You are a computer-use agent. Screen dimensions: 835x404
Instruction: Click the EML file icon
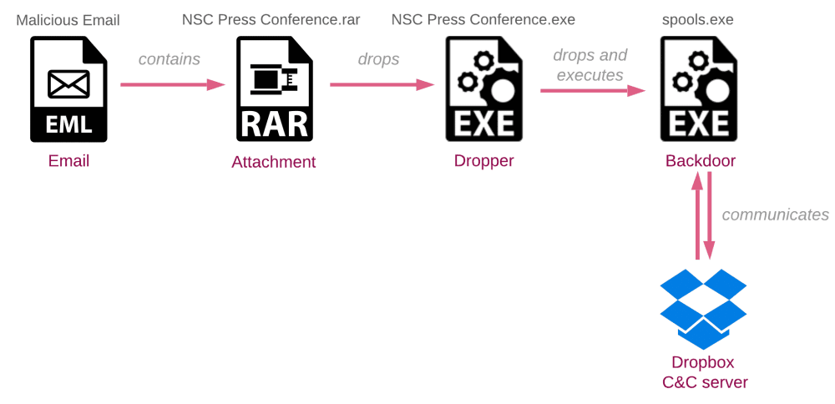(x=68, y=88)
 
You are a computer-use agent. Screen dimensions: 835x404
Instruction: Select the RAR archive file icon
(x=275, y=88)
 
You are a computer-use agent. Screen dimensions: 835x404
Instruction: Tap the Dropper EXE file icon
(x=483, y=88)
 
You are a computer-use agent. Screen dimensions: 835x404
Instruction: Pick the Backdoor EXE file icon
(x=699, y=88)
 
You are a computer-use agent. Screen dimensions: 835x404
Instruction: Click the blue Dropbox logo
(x=703, y=309)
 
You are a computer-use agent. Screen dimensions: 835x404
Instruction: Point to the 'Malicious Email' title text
(x=68, y=20)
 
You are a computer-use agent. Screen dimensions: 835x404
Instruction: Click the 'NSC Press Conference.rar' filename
(x=271, y=20)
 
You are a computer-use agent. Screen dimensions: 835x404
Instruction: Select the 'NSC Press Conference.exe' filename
(x=483, y=20)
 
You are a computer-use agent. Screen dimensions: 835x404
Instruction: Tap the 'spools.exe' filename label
(x=697, y=20)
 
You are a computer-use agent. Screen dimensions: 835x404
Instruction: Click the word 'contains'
(x=170, y=59)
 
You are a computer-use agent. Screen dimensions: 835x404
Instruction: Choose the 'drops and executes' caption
(x=590, y=65)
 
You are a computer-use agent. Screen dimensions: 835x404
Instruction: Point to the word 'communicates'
(x=776, y=215)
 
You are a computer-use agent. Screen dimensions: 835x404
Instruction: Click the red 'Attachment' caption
(x=274, y=162)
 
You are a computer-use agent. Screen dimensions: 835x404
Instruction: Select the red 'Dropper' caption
(x=484, y=161)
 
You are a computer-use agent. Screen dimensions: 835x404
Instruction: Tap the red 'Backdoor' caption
(x=701, y=161)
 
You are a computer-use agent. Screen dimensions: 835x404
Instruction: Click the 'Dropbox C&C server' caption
(x=703, y=372)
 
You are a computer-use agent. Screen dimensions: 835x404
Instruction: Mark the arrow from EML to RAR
(x=173, y=84)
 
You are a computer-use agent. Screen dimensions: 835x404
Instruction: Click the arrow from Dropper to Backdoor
(x=593, y=90)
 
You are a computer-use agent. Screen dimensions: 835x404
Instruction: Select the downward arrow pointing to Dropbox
(x=709, y=216)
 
